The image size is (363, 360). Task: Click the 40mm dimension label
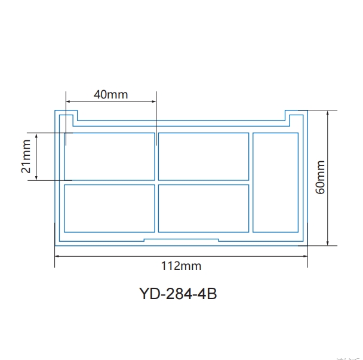(110, 94)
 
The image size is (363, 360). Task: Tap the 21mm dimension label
(26, 156)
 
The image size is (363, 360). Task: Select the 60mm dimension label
(321, 177)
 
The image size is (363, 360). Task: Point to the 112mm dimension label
(181, 265)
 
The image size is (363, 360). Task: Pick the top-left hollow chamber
(109, 156)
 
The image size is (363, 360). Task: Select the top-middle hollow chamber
(204, 156)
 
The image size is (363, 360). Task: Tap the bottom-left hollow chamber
(109, 208)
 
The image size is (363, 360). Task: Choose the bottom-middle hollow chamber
(204, 208)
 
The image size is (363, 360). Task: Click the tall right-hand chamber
(275, 182)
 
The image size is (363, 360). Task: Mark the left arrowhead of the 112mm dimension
(57, 256)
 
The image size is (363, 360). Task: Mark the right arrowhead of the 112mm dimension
(305, 256)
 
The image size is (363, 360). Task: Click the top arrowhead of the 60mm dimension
(328, 113)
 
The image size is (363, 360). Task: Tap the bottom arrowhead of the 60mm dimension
(328, 242)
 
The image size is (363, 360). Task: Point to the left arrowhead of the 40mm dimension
(68, 101)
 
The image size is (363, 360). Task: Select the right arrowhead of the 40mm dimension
(154, 101)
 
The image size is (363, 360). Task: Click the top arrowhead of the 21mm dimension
(37, 136)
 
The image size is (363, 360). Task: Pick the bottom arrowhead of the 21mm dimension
(37, 177)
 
